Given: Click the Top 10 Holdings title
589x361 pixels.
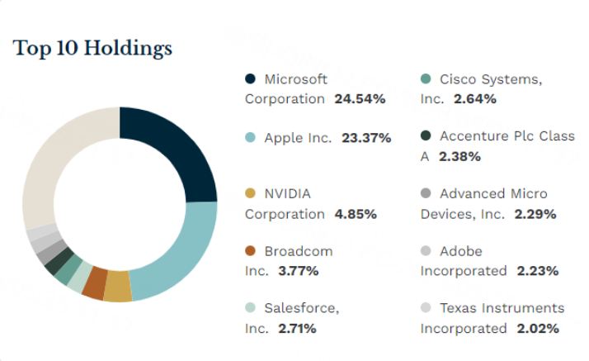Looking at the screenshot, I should tap(92, 49).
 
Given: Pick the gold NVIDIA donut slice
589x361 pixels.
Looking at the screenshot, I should tap(117, 287).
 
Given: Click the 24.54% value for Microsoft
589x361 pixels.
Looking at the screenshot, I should tap(360, 99).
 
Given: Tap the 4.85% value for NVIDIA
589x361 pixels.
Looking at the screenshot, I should tap(356, 214).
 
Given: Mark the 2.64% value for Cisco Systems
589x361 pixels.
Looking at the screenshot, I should tap(474, 99).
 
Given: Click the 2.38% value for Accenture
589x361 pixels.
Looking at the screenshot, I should tap(459, 156).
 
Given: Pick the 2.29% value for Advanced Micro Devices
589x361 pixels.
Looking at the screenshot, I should tap(535, 214).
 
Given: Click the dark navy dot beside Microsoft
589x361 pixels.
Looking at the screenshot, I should tap(251, 79).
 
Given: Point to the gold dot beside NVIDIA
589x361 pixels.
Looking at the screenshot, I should tap(251, 193).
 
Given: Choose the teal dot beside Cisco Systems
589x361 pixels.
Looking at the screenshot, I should tap(426, 79).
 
